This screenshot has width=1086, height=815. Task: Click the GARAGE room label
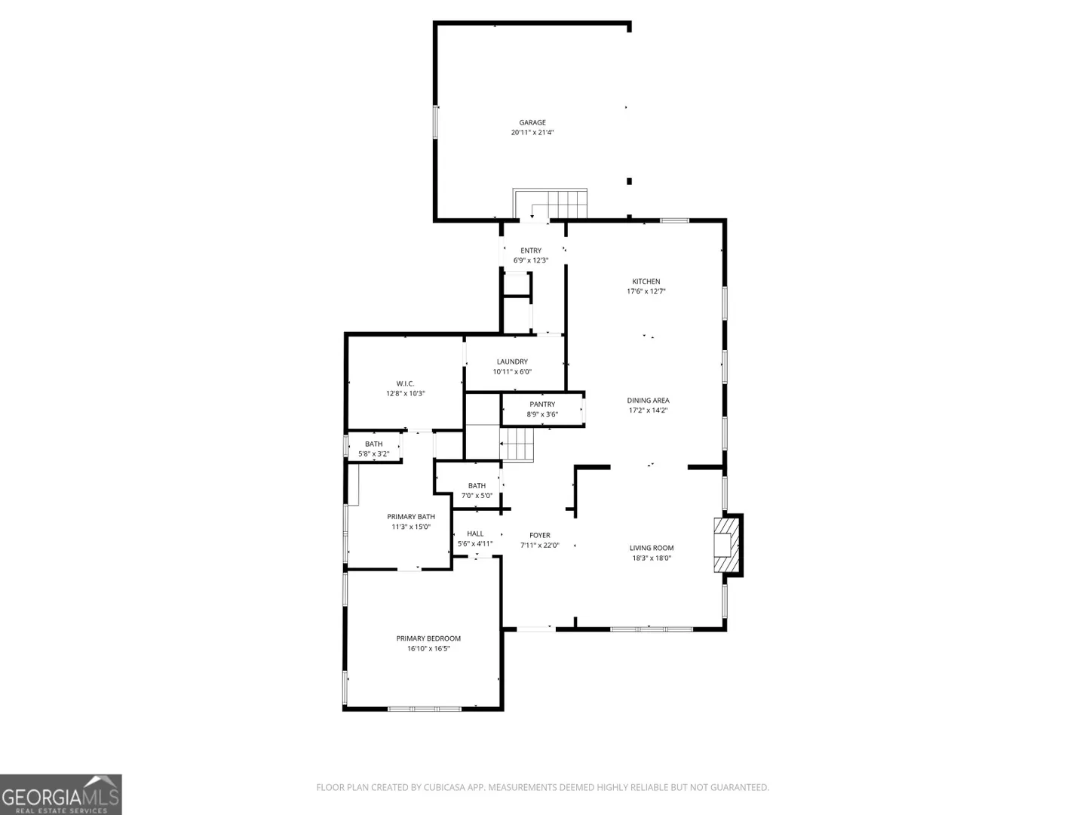(532, 122)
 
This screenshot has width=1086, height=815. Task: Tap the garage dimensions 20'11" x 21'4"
(532, 132)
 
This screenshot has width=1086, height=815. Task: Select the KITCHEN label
(646, 281)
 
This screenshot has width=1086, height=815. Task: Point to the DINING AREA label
(648, 400)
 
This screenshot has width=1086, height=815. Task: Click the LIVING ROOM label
(652, 548)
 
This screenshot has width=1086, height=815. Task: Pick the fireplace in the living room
(726, 546)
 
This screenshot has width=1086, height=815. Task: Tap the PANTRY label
(542, 404)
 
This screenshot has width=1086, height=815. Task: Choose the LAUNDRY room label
(512, 361)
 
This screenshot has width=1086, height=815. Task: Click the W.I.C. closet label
(405, 383)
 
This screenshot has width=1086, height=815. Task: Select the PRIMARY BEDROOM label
(428, 638)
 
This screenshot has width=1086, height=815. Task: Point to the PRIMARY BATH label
(411, 517)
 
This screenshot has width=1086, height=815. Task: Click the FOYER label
(540, 536)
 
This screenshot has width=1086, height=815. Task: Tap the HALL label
(475, 534)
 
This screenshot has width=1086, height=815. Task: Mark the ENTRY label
(531, 251)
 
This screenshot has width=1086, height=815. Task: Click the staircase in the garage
(551, 204)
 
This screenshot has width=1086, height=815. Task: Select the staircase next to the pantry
(517, 444)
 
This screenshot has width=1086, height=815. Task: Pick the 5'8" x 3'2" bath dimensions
(374, 454)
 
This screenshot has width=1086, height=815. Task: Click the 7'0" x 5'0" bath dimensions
(477, 495)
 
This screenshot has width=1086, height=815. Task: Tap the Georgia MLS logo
(61, 795)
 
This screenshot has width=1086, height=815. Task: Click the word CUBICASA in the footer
(444, 787)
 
